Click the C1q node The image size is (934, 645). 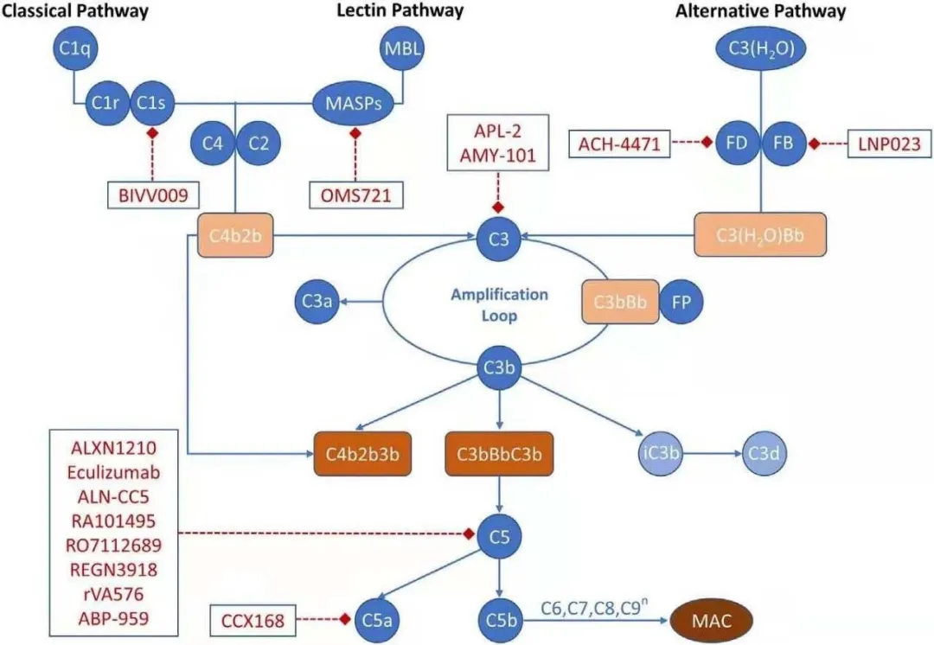(x=74, y=48)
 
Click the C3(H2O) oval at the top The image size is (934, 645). (x=760, y=50)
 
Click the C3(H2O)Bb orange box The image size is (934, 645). (x=759, y=236)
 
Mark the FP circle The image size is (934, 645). (x=680, y=303)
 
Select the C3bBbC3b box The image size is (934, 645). (x=497, y=452)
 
